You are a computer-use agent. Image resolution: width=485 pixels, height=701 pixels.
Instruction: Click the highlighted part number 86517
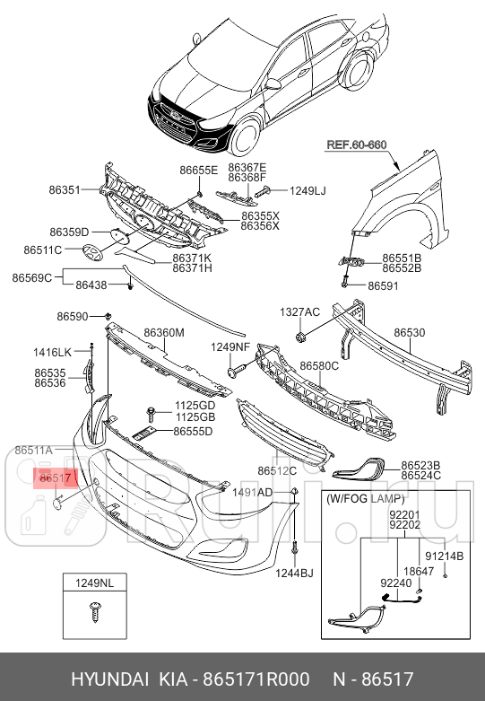56,478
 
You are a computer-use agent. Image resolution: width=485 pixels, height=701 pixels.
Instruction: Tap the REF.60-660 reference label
357,145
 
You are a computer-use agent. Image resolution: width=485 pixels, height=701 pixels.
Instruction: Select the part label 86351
65,190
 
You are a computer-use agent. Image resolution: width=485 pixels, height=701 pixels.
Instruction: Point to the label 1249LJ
307,191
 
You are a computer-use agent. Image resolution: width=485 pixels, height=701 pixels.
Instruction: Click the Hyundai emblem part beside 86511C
92,252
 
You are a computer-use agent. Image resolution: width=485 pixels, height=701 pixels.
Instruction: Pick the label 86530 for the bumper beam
410,333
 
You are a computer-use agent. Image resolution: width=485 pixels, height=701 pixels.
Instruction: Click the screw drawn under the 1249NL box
95,611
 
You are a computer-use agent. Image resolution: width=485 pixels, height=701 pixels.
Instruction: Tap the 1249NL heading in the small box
94,583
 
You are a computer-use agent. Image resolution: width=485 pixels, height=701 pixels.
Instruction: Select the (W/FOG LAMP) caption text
365,498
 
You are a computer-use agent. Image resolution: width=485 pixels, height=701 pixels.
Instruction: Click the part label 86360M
164,333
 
